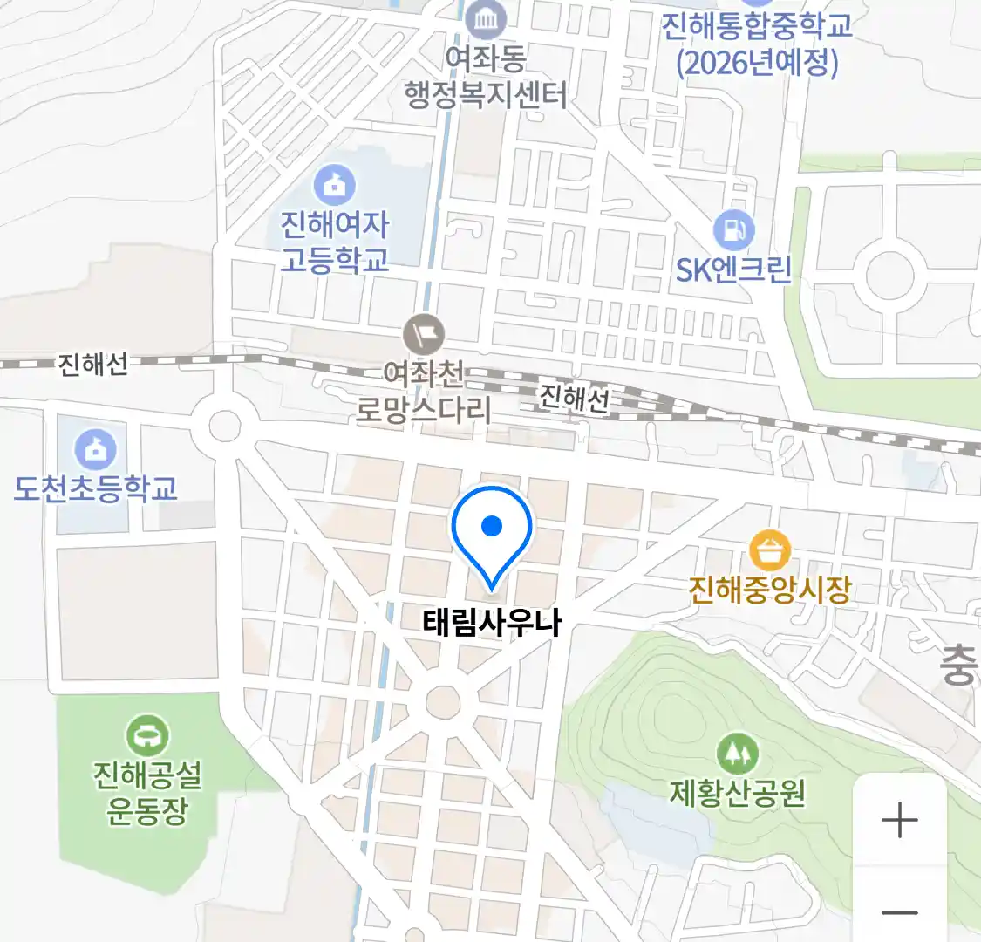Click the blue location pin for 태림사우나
point(492,529)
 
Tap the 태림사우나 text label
point(492,623)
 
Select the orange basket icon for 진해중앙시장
point(769,551)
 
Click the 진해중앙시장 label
point(769,590)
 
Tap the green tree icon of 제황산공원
point(737,752)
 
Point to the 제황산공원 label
point(737,793)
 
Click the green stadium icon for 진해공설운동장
point(147,736)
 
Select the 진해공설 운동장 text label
point(147,792)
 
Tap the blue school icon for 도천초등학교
point(96,449)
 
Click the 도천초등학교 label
point(96,488)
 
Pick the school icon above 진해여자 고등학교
point(334,184)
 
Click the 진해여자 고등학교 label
point(334,242)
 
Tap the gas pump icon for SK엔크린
point(733,230)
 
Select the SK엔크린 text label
point(733,270)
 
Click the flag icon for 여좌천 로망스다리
point(425,334)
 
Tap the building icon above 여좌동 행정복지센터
point(485,18)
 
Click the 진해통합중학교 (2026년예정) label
point(756,44)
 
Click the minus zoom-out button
point(899,912)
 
